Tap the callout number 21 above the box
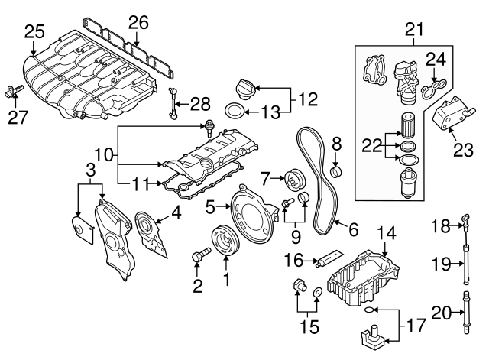[413, 29]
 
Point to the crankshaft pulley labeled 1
[227, 238]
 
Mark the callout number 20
[442, 312]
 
